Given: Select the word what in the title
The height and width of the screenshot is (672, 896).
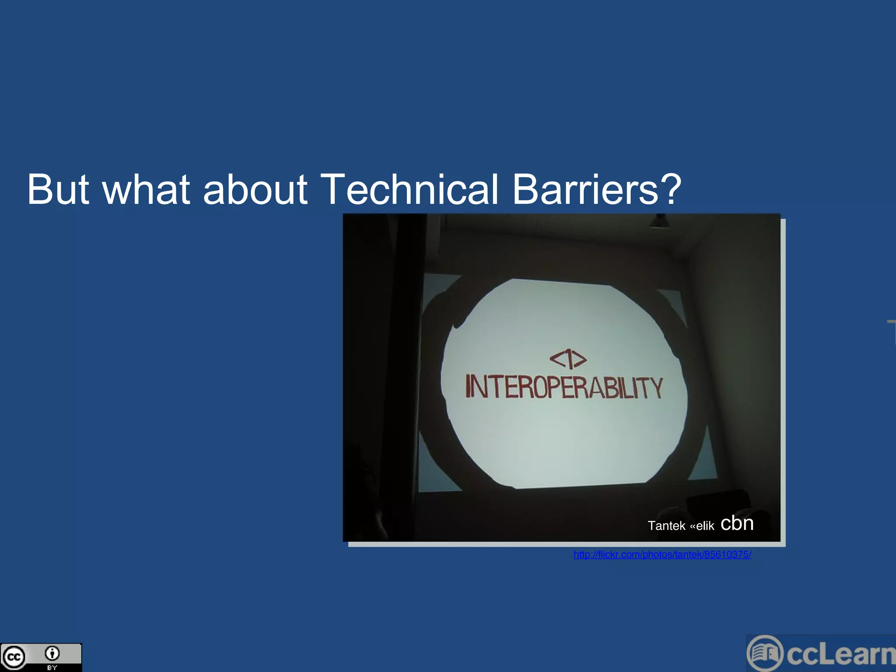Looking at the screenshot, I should [x=147, y=189].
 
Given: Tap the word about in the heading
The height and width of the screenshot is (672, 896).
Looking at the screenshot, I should [x=255, y=189].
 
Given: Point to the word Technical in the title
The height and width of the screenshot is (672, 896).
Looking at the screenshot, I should [x=409, y=189].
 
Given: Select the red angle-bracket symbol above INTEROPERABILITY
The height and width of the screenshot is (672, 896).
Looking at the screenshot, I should [x=568, y=359].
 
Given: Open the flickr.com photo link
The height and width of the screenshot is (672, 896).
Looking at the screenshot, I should [x=662, y=555].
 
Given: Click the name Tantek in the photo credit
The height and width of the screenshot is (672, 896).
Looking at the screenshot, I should [x=666, y=525].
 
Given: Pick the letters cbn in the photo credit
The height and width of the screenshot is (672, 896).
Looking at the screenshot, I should [x=737, y=523].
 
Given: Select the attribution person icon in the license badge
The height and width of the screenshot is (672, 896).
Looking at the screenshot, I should [x=52, y=653].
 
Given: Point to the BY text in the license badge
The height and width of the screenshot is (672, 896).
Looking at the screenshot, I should [x=52, y=668].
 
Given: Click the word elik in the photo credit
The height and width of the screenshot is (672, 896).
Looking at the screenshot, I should [x=705, y=526].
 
